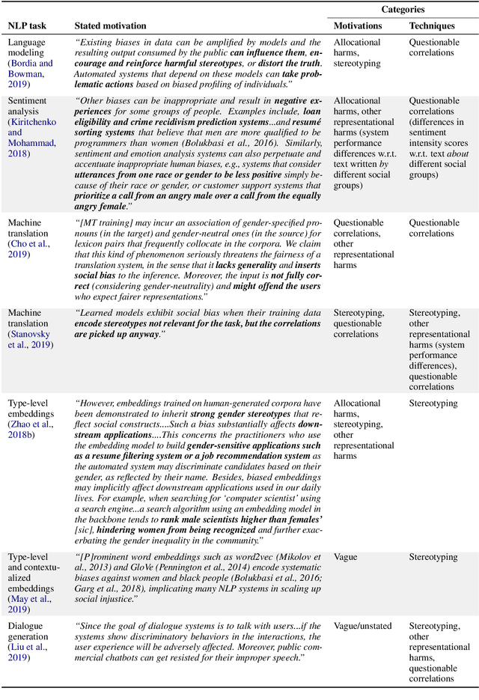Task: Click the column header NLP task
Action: coord(28,25)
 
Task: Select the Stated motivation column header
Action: coord(111,25)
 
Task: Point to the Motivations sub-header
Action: coord(358,25)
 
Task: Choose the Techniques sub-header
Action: coord(433,25)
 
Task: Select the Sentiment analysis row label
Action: coord(29,106)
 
